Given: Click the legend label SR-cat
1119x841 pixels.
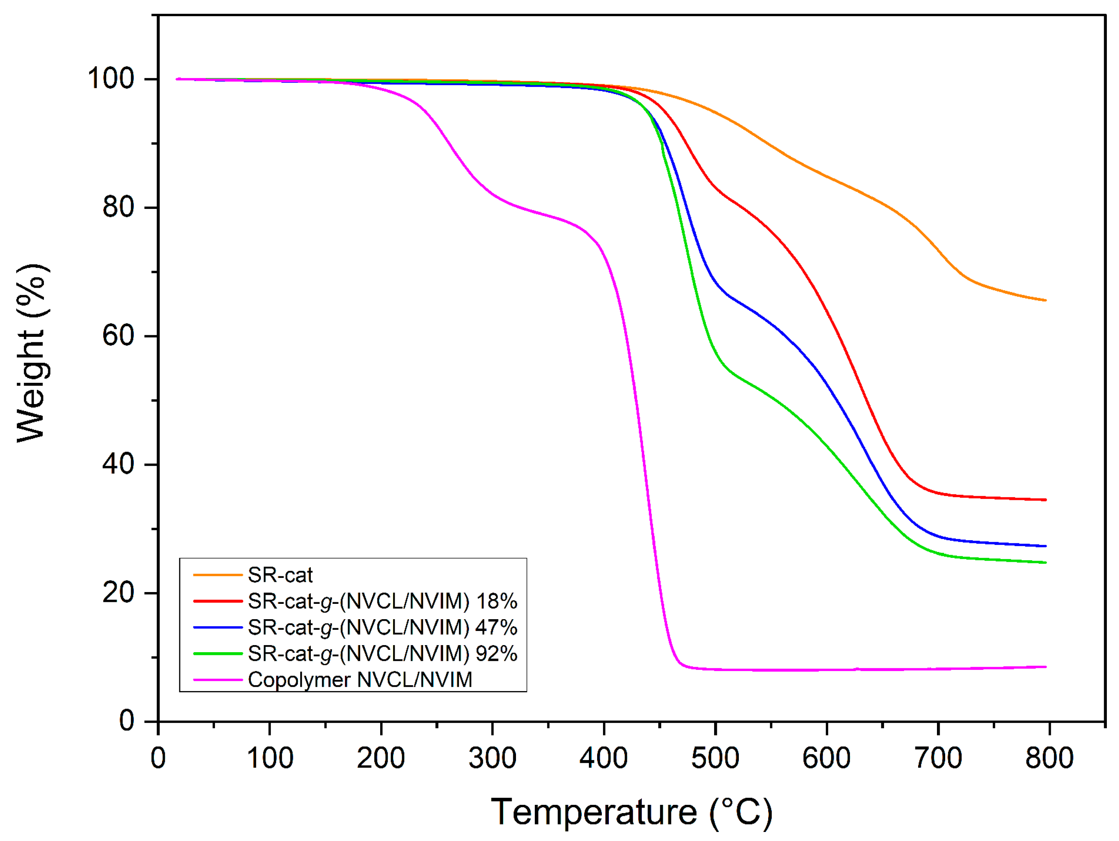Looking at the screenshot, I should (280, 575).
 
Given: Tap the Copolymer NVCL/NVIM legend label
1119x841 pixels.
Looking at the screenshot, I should (360, 680).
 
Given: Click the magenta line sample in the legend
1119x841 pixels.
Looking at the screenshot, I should (218, 680).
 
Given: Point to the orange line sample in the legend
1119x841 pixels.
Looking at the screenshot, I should (218, 575).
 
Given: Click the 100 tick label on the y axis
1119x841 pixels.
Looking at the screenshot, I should (111, 79).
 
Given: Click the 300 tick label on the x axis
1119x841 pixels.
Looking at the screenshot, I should (492, 759).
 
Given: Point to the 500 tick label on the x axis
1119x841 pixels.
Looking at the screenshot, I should (715, 759).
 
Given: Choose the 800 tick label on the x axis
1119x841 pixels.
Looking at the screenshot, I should (1049, 759).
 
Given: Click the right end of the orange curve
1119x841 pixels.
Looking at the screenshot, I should (1045, 300).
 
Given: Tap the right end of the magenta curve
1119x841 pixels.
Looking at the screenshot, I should (1045, 667).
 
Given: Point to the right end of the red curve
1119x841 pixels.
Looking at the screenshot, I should (1045, 500).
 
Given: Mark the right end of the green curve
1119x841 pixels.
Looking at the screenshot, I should (1045, 563).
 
